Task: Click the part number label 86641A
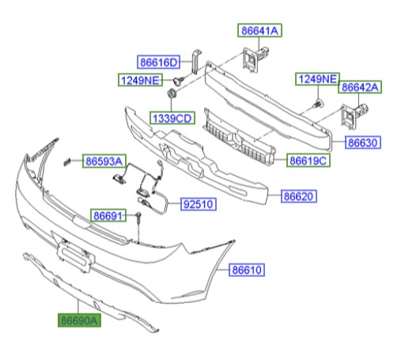coord(260,31)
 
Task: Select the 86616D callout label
coord(159,62)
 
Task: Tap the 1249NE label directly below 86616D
coord(140,79)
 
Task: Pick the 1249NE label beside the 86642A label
coord(316,79)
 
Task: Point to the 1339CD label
coord(172,118)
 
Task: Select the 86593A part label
coord(104,161)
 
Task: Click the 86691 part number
coord(108,214)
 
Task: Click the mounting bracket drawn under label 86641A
coord(254,59)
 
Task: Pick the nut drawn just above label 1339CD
coord(171,97)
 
